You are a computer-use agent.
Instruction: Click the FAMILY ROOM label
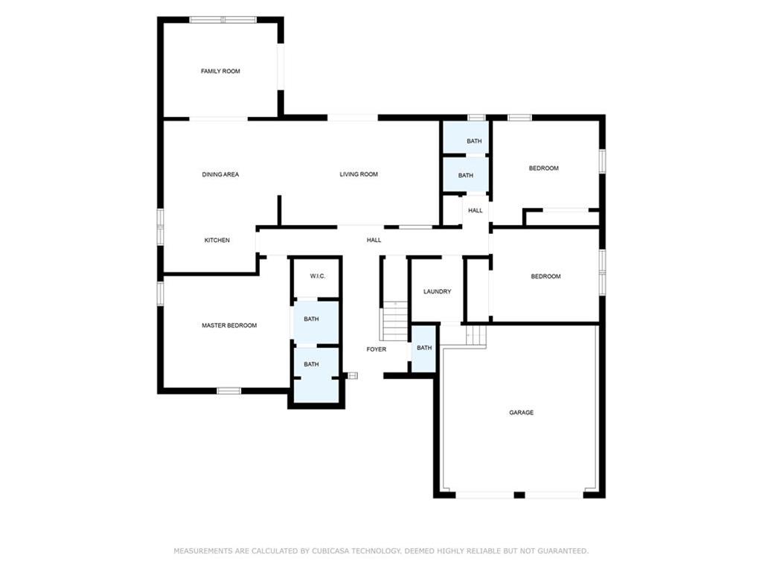pyautogui.click(x=220, y=71)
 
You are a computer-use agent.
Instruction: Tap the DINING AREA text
pyautogui.click(x=220, y=174)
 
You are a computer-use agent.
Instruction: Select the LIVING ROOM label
pyautogui.click(x=359, y=174)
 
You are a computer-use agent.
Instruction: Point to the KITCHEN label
pyautogui.click(x=217, y=241)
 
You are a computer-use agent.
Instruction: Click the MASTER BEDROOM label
pyautogui.click(x=229, y=325)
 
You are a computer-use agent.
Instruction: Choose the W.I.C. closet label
pyautogui.click(x=317, y=276)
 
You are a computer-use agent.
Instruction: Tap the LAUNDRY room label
pyautogui.click(x=437, y=292)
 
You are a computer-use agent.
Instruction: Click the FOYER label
pyautogui.click(x=377, y=349)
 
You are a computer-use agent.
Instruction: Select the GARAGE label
pyautogui.click(x=521, y=413)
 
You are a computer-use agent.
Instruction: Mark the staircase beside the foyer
pyautogui.click(x=395, y=320)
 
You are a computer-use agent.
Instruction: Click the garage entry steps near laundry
pyautogui.click(x=476, y=336)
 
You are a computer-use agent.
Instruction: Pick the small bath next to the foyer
pyautogui.click(x=423, y=348)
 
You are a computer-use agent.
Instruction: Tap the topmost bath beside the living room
pyautogui.click(x=474, y=142)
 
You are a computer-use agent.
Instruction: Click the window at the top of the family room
pyautogui.click(x=222, y=20)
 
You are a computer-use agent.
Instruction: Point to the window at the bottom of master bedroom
pyautogui.click(x=228, y=390)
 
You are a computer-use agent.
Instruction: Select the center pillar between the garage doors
pyautogui.click(x=519, y=495)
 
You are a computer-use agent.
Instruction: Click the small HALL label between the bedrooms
pyautogui.click(x=476, y=211)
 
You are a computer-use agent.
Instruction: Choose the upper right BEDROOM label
pyautogui.click(x=543, y=168)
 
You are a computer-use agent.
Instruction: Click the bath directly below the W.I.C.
pyautogui.click(x=311, y=320)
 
